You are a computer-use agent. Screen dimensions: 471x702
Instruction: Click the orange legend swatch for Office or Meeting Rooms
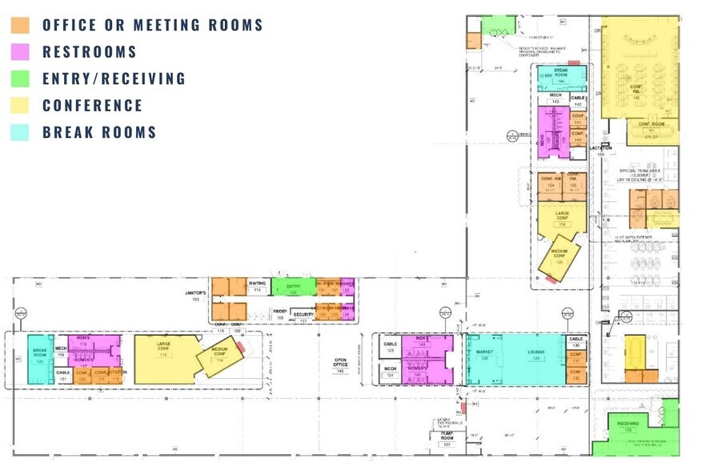pos(20,25)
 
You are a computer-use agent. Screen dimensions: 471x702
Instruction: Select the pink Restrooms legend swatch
pos(20,52)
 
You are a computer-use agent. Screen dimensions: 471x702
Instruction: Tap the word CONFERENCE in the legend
pos(92,106)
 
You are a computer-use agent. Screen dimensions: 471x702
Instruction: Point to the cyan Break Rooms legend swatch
pos(20,132)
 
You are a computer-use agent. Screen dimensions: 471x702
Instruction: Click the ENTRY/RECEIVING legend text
pos(114,78)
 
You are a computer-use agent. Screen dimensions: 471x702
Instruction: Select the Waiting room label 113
pos(258,286)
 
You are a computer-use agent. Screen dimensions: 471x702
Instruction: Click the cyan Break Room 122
pos(39,355)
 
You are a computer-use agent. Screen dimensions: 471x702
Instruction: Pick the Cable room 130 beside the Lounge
pos(576,342)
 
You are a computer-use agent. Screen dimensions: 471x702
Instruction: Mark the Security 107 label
pos(303,316)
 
